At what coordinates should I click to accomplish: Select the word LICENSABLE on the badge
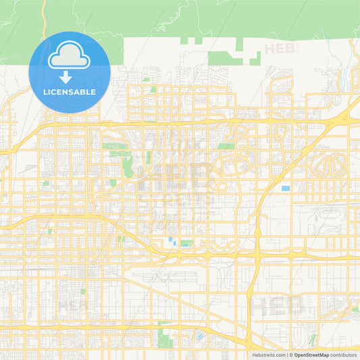[x=70, y=92]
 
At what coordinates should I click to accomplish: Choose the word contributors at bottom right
[x=344, y=354]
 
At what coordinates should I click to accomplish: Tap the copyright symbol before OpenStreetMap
[x=292, y=354]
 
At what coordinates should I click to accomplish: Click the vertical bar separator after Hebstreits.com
[x=288, y=354]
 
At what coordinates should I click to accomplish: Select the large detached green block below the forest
[x=225, y=58]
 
